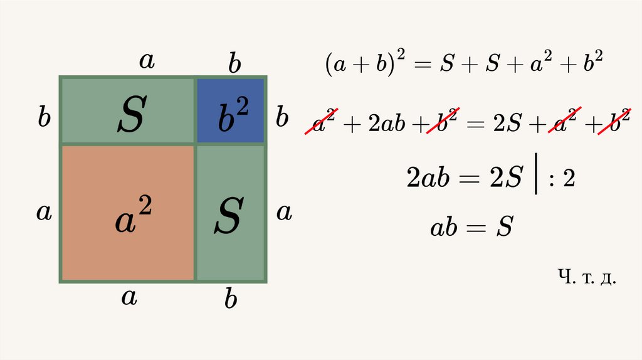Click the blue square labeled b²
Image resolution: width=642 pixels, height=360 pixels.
point(231,110)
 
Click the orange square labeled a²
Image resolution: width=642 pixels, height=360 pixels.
point(127,213)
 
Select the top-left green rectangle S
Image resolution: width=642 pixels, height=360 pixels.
point(128,110)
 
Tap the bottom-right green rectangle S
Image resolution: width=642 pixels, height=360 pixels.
point(231,213)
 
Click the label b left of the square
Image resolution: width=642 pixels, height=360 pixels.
point(44,117)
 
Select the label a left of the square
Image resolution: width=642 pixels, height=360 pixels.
point(43,212)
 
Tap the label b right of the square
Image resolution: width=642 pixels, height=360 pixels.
point(283,117)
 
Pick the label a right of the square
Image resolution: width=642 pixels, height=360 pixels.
point(284,213)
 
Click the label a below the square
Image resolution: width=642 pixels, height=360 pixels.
point(129,297)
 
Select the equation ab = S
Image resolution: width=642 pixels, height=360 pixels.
point(471,227)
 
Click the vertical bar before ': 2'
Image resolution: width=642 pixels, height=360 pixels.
point(537,177)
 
